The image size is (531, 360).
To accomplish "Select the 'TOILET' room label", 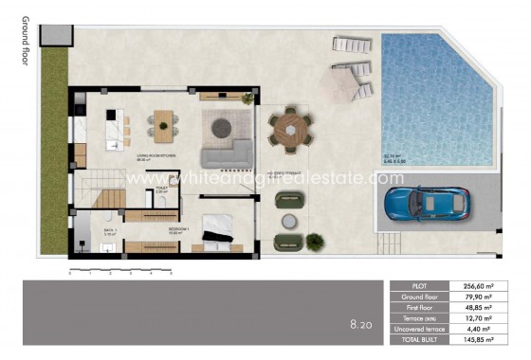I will (162, 189).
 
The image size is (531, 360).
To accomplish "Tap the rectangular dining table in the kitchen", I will (164, 122).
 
